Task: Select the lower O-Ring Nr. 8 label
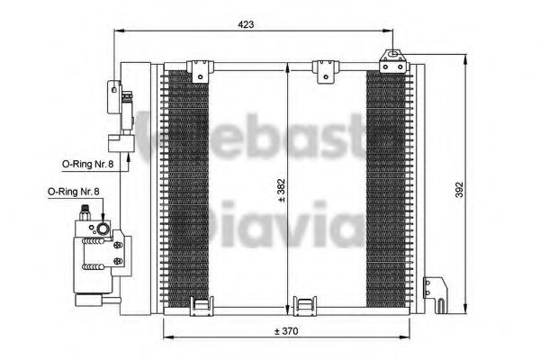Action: click(74, 192)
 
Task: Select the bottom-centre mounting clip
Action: click(307, 306)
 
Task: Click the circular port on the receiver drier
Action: click(103, 230)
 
